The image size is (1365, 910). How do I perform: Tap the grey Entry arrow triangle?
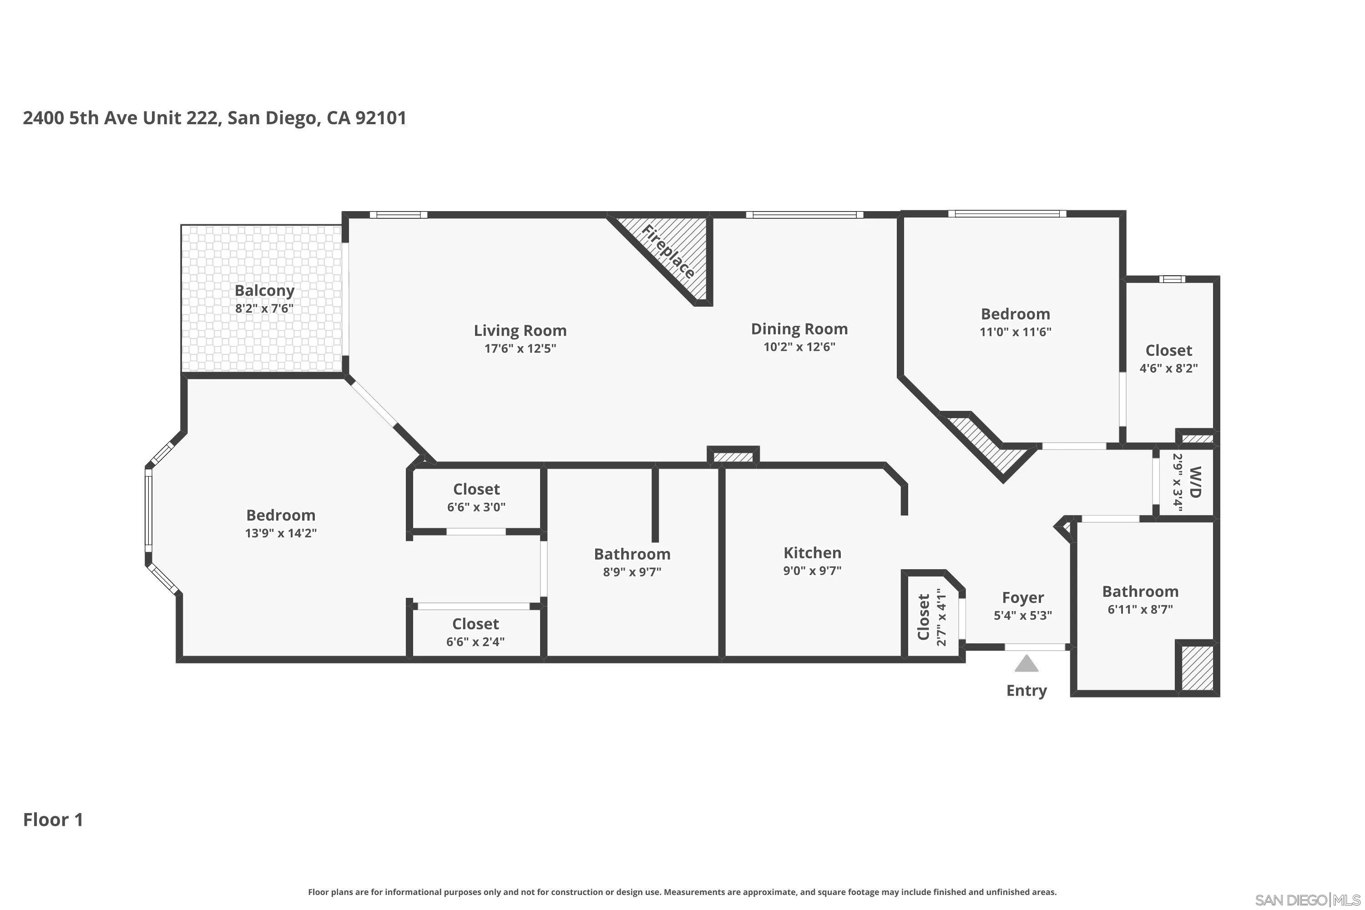[1026, 663]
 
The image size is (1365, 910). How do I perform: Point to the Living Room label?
[520, 330]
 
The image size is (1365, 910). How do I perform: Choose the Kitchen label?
[812, 552]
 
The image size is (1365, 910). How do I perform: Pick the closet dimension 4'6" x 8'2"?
[1168, 369]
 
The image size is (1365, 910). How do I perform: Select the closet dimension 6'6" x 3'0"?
[476, 507]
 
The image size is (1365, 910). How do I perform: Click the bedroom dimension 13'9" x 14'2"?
[281, 533]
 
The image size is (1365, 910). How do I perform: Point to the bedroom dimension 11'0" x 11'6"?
[1016, 332]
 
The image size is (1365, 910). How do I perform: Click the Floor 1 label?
[53, 820]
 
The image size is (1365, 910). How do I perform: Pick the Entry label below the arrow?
[1026, 691]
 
